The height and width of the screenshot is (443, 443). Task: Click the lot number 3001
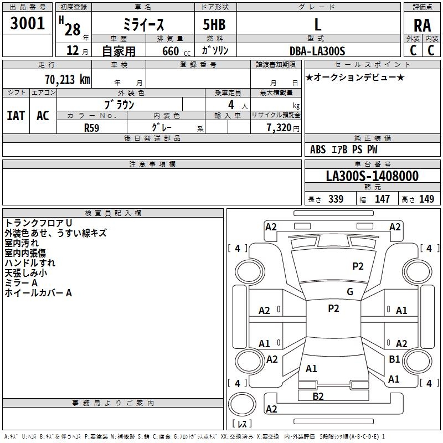(27, 23)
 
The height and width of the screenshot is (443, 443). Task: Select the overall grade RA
(422, 25)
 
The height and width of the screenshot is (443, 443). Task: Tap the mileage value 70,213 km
(68, 80)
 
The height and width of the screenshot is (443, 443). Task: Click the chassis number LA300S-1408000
(372, 176)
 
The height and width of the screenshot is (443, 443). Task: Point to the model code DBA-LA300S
(317, 51)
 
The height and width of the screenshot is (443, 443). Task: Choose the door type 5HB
(214, 24)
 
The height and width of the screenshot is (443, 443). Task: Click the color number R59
(91, 128)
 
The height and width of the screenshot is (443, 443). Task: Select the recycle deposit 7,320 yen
(283, 128)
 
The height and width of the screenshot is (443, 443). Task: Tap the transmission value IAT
(16, 116)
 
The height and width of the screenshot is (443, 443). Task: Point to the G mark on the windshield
(350, 292)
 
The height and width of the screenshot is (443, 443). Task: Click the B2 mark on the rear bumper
(318, 396)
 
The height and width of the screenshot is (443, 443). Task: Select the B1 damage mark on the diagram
(394, 359)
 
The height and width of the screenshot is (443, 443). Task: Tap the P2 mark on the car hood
(358, 266)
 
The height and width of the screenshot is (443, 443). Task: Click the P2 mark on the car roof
(333, 308)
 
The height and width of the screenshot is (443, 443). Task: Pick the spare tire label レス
(242, 424)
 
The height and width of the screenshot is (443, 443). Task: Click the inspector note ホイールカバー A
(38, 293)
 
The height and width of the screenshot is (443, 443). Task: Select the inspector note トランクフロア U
(38, 223)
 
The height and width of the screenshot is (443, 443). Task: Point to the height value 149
(426, 199)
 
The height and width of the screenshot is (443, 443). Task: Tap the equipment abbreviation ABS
(318, 150)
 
